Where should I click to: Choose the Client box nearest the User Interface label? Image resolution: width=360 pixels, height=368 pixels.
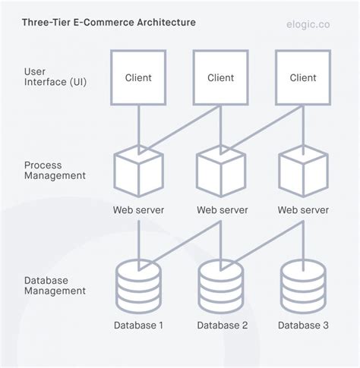[x=137, y=77]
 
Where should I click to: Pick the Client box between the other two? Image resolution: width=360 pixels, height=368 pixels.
[x=220, y=77]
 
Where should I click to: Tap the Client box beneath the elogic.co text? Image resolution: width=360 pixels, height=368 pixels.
[x=303, y=77]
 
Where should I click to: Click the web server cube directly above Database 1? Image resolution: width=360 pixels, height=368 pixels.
[x=137, y=172]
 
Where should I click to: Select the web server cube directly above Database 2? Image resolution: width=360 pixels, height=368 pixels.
[x=220, y=172]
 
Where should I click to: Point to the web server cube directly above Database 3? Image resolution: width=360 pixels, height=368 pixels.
[x=303, y=172]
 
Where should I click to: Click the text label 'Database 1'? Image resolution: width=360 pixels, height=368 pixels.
[x=137, y=326]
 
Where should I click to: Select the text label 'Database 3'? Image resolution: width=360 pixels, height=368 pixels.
[x=303, y=326]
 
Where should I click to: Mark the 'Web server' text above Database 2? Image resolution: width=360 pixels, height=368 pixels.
[x=220, y=210]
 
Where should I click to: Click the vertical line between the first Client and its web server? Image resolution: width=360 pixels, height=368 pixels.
[x=137, y=125]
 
